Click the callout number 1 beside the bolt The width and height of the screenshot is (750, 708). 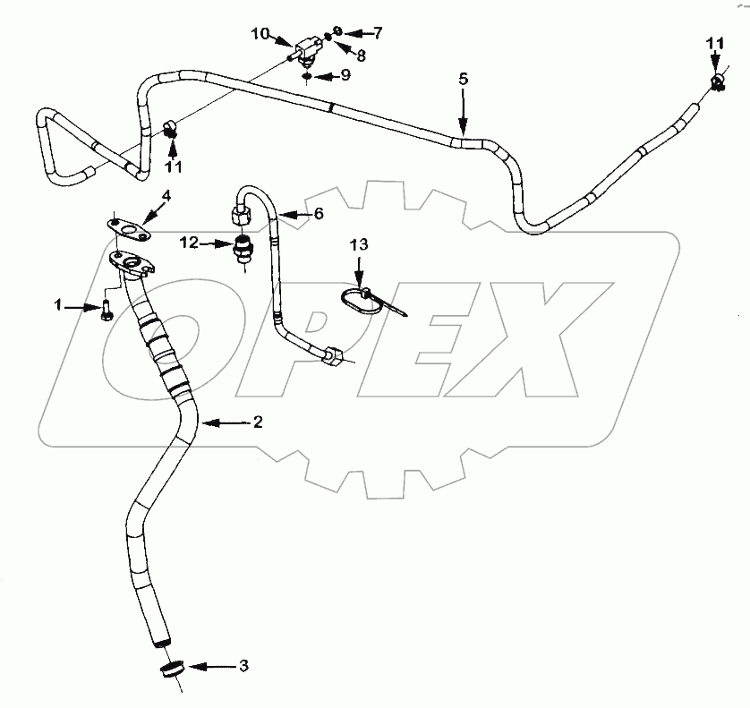(59, 306)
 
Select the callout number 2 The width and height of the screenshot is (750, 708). (257, 422)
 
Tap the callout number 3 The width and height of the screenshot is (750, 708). (243, 666)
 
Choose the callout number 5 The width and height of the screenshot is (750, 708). (463, 79)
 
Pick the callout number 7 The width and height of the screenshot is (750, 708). (378, 33)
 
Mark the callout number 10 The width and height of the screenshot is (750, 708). (259, 34)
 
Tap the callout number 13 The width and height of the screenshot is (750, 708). (357, 244)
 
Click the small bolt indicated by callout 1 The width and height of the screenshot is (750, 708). (107, 311)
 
